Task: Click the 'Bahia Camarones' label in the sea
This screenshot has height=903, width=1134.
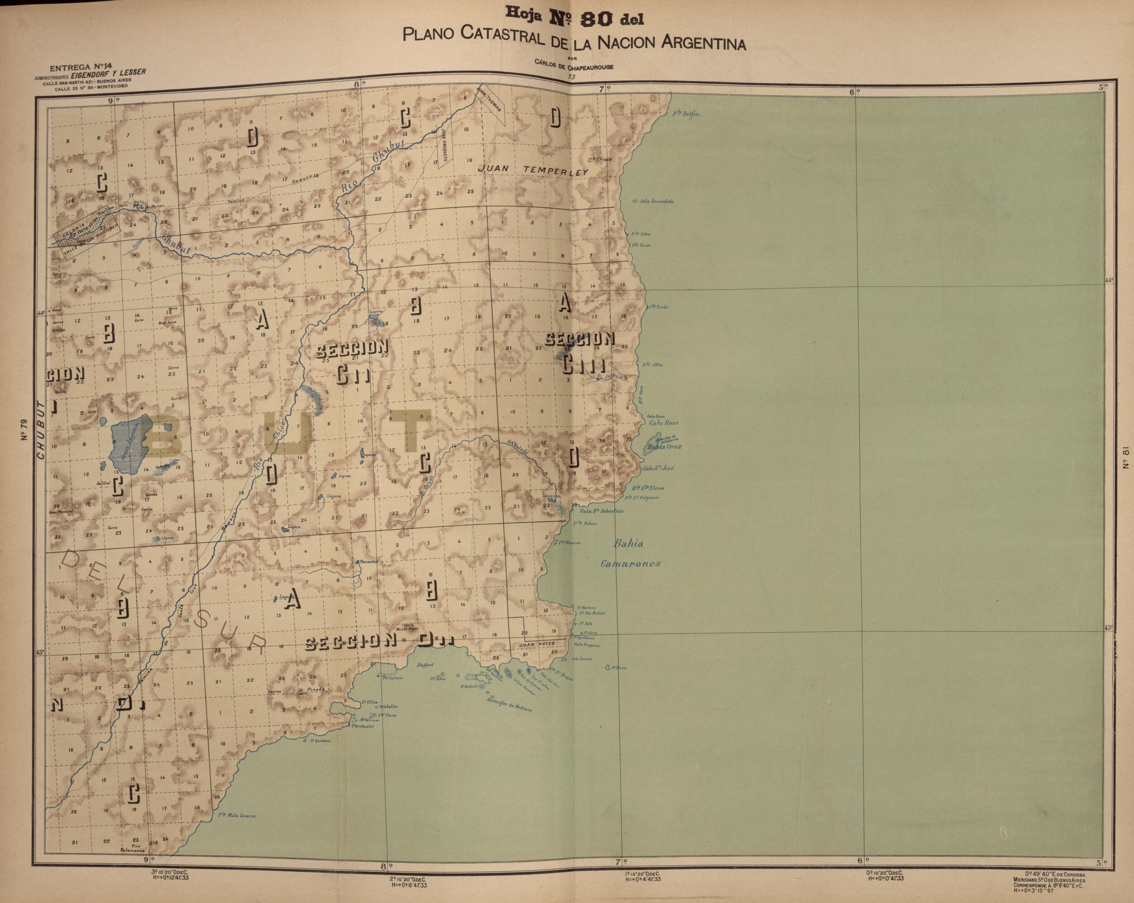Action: click(631, 554)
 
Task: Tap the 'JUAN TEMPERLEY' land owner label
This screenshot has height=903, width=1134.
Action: click(533, 170)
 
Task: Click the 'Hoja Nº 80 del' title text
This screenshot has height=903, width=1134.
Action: click(574, 19)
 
